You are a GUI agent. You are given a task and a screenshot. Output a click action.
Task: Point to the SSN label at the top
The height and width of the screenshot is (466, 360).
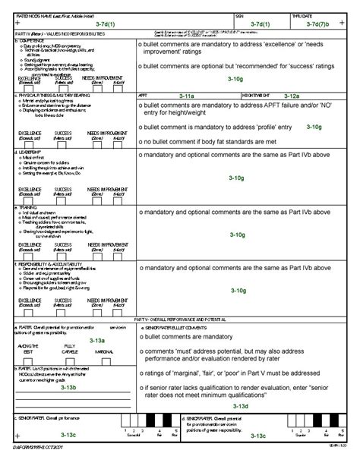click(240, 15)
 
